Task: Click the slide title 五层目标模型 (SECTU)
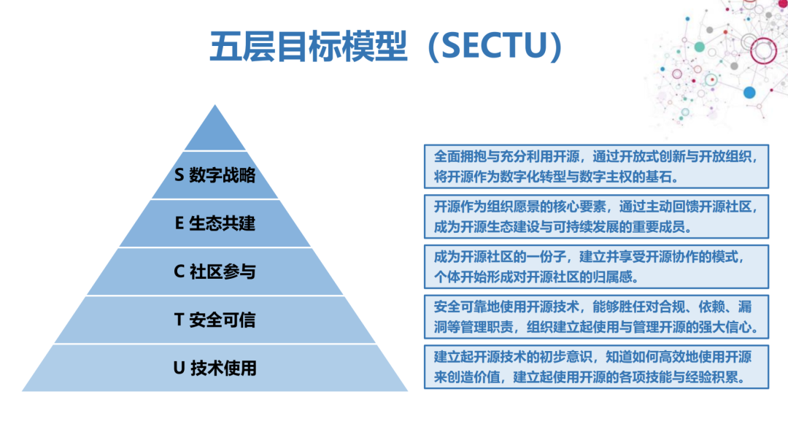[x=387, y=47]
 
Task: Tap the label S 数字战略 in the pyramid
[x=215, y=175]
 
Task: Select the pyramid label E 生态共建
[x=215, y=223]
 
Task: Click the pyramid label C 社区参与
[x=215, y=271]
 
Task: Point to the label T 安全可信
[x=215, y=320]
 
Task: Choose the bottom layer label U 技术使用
[x=215, y=368]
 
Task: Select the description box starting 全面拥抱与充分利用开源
[x=596, y=166]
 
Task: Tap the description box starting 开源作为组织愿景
[x=596, y=216]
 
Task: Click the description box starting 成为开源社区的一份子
[x=596, y=266]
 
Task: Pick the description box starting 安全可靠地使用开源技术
[x=596, y=317]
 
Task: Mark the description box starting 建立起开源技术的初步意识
[x=596, y=367]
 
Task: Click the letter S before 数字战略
[x=179, y=175]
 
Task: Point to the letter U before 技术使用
[x=179, y=368]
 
